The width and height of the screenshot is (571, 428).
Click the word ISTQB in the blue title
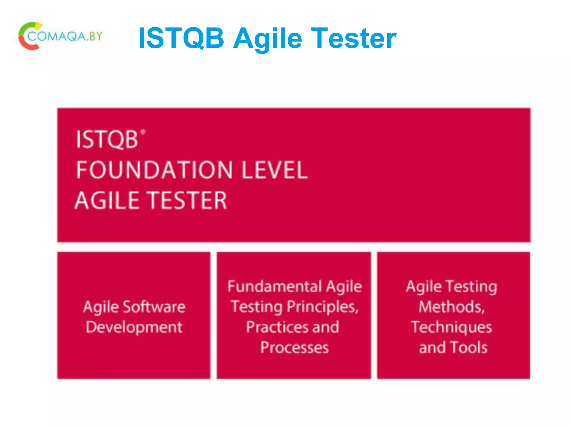(181, 38)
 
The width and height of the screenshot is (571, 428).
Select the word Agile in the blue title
(268, 39)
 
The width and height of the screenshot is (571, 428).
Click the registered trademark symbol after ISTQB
(143, 132)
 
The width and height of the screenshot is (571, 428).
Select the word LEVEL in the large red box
(275, 170)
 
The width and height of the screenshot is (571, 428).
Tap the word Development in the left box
(134, 327)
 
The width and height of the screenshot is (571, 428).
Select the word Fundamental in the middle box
(275, 286)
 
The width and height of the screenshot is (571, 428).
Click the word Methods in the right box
(452, 307)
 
